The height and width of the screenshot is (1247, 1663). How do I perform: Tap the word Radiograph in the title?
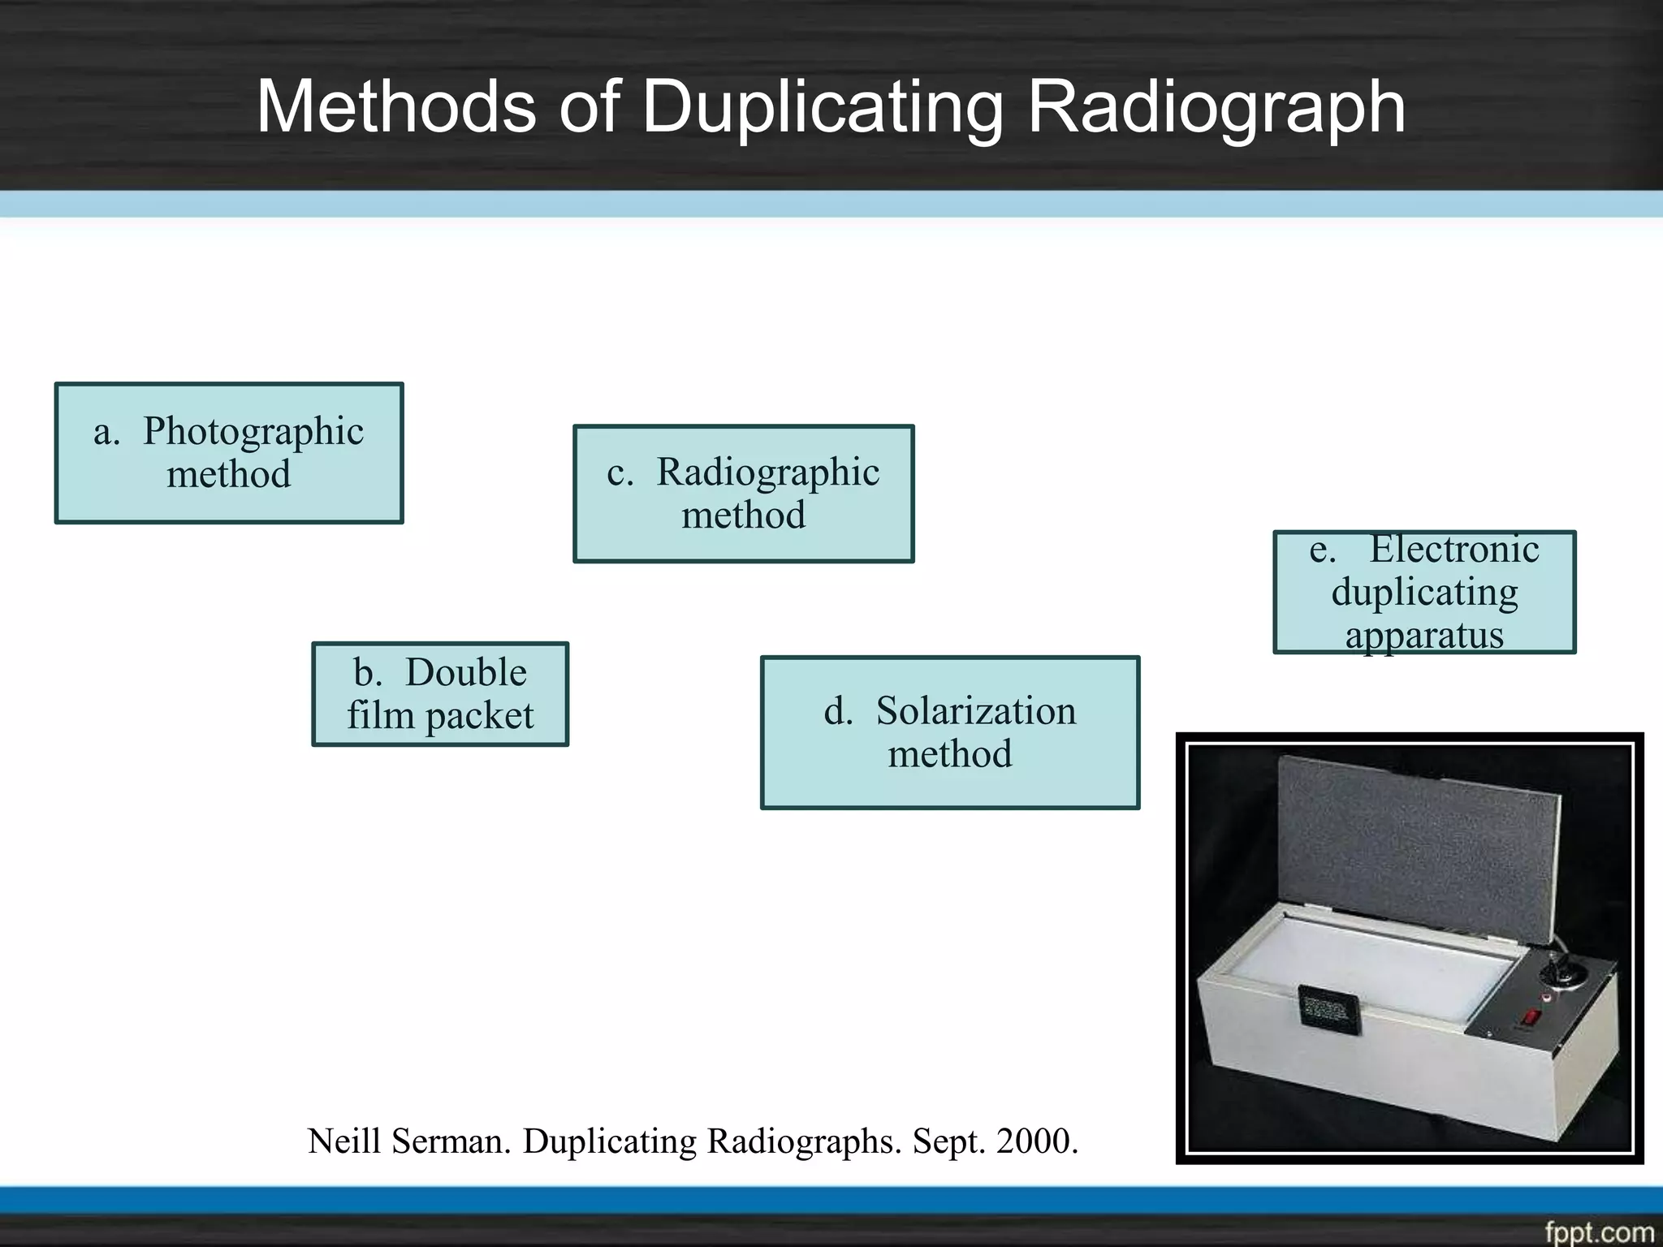click(x=1216, y=107)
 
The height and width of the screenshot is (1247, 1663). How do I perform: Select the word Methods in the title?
click(x=396, y=107)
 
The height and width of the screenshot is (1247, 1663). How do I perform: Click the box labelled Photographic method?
click(x=229, y=453)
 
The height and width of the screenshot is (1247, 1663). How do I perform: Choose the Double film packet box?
click(x=440, y=694)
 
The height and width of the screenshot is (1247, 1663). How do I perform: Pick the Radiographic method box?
click(x=744, y=494)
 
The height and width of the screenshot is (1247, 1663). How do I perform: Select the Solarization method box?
click(x=950, y=732)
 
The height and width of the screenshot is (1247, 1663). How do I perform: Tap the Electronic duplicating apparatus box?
click(x=1424, y=592)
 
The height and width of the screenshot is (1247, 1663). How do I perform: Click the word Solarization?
click(x=976, y=711)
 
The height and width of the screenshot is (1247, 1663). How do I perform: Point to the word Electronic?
click(x=1454, y=550)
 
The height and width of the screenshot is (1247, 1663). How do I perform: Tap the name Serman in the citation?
click(x=451, y=1141)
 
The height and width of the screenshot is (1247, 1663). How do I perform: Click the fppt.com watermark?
click(x=1598, y=1232)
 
